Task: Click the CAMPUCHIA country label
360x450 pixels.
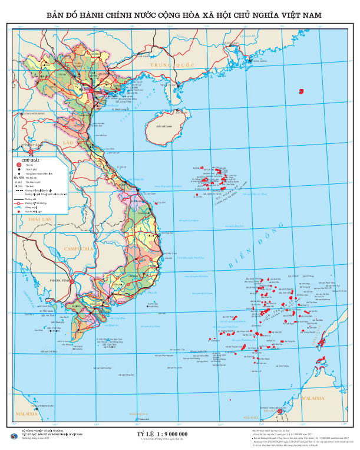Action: (x=79, y=249)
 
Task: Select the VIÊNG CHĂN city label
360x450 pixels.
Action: (x=29, y=144)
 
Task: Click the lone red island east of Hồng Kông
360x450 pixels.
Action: (x=301, y=91)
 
